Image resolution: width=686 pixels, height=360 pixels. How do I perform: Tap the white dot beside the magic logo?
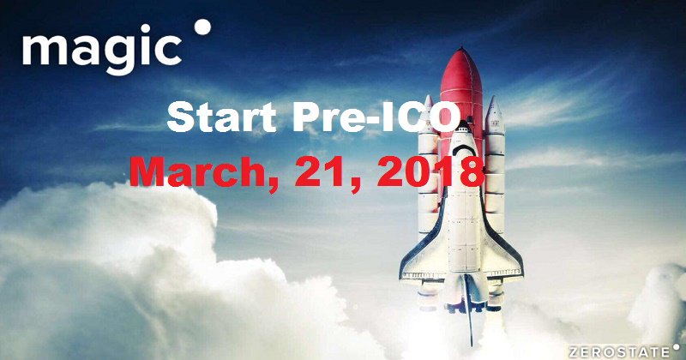(202, 27)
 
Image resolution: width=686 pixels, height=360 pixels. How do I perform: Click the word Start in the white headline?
(221, 117)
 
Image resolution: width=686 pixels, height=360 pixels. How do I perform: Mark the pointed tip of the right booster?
(494, 97)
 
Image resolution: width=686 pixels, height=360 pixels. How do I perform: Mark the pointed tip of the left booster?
(428, 96)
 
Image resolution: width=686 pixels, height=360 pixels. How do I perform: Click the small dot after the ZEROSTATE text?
(677, 349)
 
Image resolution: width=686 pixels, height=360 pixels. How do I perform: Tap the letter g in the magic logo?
(117, 56)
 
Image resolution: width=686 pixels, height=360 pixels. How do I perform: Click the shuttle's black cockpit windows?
(464, 150)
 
